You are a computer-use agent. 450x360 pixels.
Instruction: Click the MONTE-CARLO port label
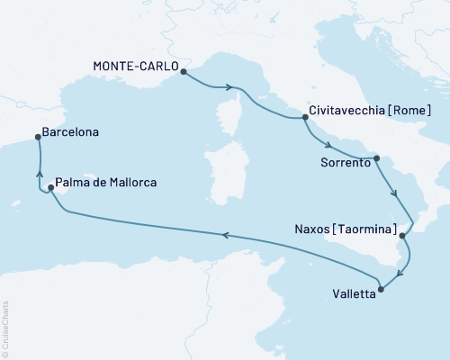click(x=135, y=67)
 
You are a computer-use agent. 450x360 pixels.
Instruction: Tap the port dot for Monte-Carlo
click(x=183, y=71)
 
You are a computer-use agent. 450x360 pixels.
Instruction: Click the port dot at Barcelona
click(x=37, y=137)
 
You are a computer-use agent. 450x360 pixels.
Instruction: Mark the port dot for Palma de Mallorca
click(x=50, y=187)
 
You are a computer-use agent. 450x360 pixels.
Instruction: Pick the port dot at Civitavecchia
click(x=303, y=116)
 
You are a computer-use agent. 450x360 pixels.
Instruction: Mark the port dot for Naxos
click(x=403, y=236)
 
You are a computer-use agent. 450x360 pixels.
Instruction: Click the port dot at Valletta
click(x=382, y=289)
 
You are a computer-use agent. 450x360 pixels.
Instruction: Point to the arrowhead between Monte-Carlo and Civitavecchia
click(x=239, y=87)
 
